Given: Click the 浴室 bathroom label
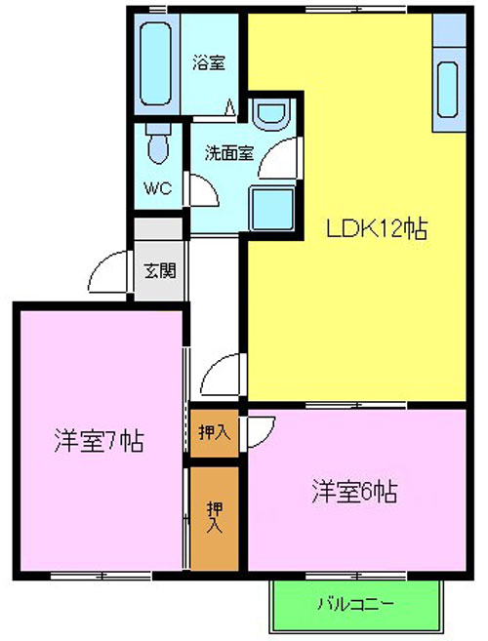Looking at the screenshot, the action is (x=209, y=63).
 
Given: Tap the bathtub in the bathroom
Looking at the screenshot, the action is (x=155, y=63).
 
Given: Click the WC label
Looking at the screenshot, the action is (x=157, y=188).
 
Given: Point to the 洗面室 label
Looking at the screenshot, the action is (x=229, y=153).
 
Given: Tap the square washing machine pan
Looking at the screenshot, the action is (x=272, y=209).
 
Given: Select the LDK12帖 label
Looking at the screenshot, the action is (x=377, y=229).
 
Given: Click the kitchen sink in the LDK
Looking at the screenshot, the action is (x=447, y=90).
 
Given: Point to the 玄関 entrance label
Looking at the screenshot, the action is (x=160, y=270).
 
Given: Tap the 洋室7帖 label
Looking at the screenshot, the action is (x=99, y=441).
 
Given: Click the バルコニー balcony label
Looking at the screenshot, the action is (x=356, y=604).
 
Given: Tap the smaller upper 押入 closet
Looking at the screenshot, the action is (x=214, y=433).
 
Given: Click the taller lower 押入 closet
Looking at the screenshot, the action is (x=215, y=518).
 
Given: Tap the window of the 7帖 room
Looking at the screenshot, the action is (x=102, y=576).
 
